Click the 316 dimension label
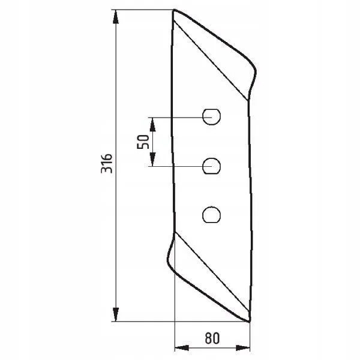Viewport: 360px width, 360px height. [x=107, y=163]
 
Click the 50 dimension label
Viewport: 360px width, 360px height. [x=143, y=142]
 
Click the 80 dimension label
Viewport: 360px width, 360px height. [x=212, y=338]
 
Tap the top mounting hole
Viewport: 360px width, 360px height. [x=211, y=117]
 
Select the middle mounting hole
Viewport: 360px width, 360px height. [x=211, y=166]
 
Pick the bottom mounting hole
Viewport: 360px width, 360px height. [x=211, y=215]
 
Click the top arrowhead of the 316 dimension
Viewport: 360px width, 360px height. [x=116, y=17]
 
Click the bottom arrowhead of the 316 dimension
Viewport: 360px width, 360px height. [x=116, y=314]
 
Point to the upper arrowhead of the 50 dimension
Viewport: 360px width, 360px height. [x=152, y=124]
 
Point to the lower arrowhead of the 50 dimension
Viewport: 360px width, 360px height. [x=152, y=159]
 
